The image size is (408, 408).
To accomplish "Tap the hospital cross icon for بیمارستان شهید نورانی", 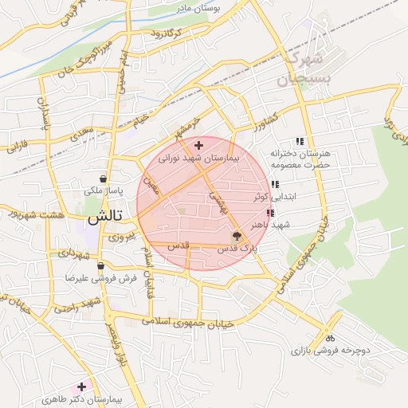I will click(x=198, y=145).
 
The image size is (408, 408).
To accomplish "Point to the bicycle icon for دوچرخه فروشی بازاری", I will click(x=330, y=337).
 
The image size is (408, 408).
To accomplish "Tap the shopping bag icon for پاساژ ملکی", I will click(x=104, y=179).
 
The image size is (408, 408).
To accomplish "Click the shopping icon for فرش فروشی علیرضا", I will click(x=100, y=266).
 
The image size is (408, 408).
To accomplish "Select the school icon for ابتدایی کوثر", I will click(x=275, y=184).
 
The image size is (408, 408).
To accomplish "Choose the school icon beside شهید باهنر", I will click(x=269, y=213).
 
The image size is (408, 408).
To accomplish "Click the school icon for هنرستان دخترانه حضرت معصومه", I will click(x=300, y=141).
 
